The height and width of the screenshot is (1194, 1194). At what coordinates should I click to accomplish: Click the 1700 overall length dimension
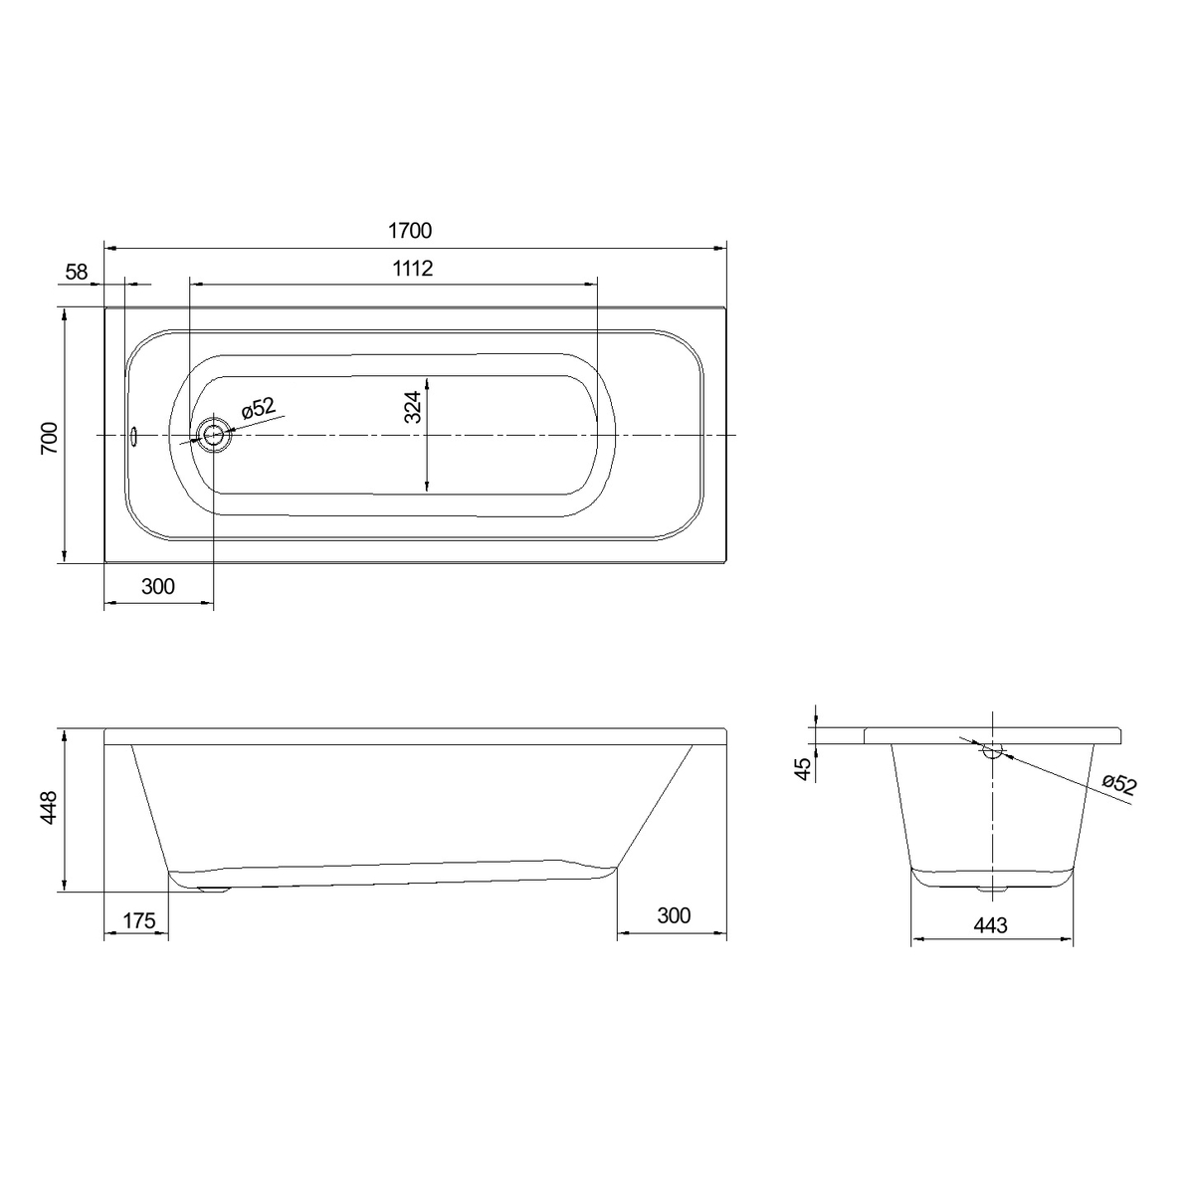[410, 231]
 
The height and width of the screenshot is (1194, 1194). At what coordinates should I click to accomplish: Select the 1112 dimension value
[413, 269]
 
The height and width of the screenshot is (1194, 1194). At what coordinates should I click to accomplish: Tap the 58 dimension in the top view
[77, 272]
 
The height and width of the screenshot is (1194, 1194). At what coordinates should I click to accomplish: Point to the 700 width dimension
[50, 438]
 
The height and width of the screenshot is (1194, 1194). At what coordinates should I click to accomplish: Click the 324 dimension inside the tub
[413, 407]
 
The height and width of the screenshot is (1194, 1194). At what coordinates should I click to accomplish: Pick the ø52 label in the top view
[259, 409]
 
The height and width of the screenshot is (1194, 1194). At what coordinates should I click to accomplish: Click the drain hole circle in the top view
[213, 435]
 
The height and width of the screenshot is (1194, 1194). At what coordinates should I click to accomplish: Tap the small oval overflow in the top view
[133, 436]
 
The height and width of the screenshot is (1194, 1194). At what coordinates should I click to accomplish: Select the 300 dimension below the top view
[158, 586]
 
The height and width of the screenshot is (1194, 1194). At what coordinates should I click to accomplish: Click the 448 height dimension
[49, 807]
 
